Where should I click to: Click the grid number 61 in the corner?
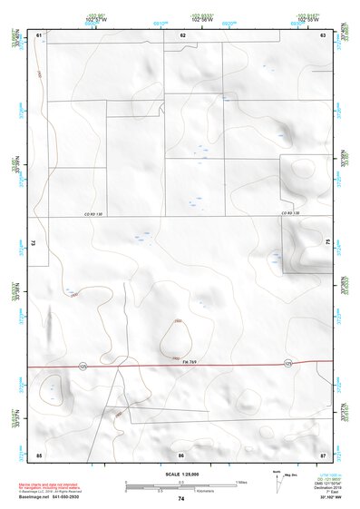[x=39, y=34]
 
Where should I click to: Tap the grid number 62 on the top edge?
[x=182, y=34]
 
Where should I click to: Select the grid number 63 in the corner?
[x=323, y=34]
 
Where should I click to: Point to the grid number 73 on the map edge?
[x=33, y=243]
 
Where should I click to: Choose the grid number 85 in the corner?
[x=39, y=454]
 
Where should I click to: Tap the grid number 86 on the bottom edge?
[x=181, y=454]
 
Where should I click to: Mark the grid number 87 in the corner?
[x=323, y=454]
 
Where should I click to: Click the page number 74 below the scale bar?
[x=181, y=498]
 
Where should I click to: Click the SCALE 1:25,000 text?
[x=180, y=475]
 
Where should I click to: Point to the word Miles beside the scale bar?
[x=241, y=482]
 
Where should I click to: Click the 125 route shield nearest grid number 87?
[x=288, y=364]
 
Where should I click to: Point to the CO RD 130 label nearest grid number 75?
[x=290, y=213]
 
